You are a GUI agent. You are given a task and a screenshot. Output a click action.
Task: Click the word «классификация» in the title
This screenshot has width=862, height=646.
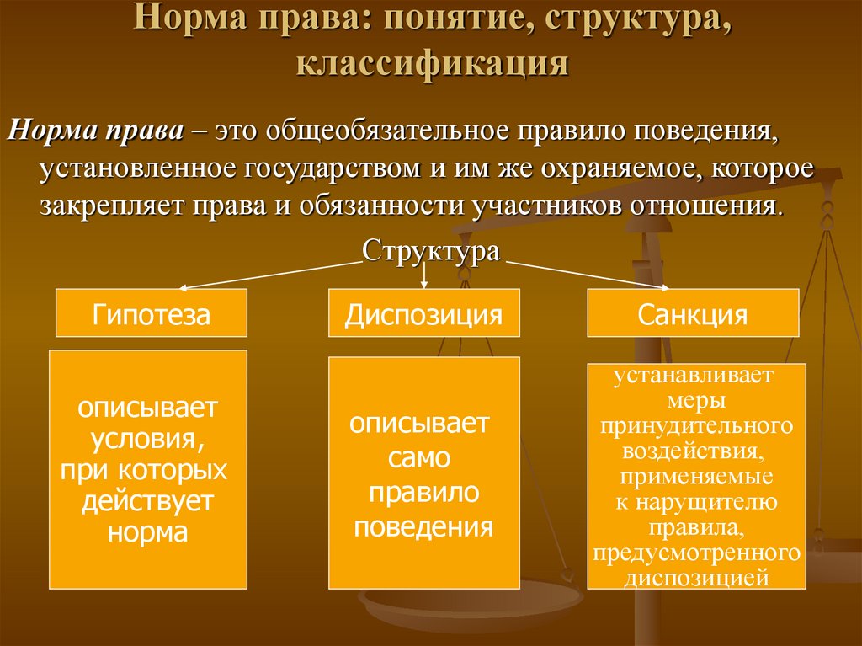(430, 64)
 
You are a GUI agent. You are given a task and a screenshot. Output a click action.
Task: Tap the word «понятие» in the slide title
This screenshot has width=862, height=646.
(449, 19)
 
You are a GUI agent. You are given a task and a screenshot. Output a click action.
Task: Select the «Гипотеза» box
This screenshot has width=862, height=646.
(152, 314)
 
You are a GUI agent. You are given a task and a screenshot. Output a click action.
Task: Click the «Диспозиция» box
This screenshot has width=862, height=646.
(423, 314)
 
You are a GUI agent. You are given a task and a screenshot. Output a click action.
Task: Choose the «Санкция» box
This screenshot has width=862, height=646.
(692, 314)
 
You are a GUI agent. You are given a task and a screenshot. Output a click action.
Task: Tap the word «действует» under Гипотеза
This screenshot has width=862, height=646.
(147, 501)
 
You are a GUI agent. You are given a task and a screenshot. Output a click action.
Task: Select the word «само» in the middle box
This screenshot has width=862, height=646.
(420, 457)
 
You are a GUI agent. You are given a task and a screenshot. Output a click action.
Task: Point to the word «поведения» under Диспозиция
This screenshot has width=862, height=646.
(423, 527)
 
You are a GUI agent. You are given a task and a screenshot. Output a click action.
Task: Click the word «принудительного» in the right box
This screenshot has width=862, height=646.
(696, 424)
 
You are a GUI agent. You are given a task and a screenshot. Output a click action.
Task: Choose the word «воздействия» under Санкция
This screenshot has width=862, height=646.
(694, 450)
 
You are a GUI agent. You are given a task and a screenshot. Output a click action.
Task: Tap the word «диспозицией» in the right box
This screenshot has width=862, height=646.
(696, 578)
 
